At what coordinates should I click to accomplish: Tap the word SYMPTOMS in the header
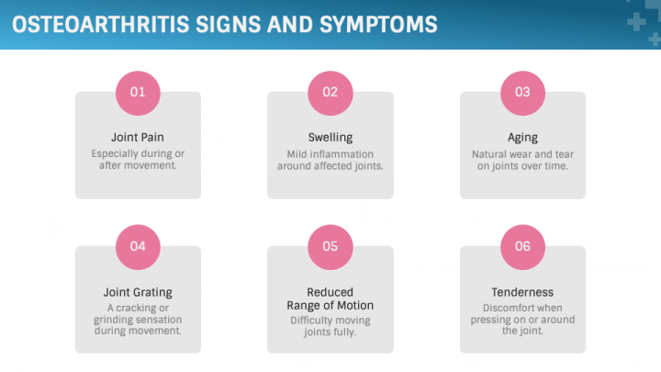click(x=378, y=25)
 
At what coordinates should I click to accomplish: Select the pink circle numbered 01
click(x=138, y=93)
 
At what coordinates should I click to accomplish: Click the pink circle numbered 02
click(x=330, y=93)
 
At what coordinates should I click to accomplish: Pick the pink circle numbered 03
click(x=522, y=93)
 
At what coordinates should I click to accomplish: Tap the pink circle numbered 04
click(x=138, y=247)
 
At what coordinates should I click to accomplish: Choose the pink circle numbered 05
click(x=330, y=247)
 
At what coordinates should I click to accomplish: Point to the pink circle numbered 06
click(x=522, y=247)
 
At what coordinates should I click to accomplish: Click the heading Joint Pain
click(x=138, y=138)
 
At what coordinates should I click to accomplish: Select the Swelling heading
click(x=330, y=138)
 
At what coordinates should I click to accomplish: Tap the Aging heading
click(x=522, y=138)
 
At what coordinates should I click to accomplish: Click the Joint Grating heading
click(x=138, y=292)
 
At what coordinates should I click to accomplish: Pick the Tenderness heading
click(x=522, y=292)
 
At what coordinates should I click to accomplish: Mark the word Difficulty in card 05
click(x=310, y=321)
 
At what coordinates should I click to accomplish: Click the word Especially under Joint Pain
click(x=111, y=154)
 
